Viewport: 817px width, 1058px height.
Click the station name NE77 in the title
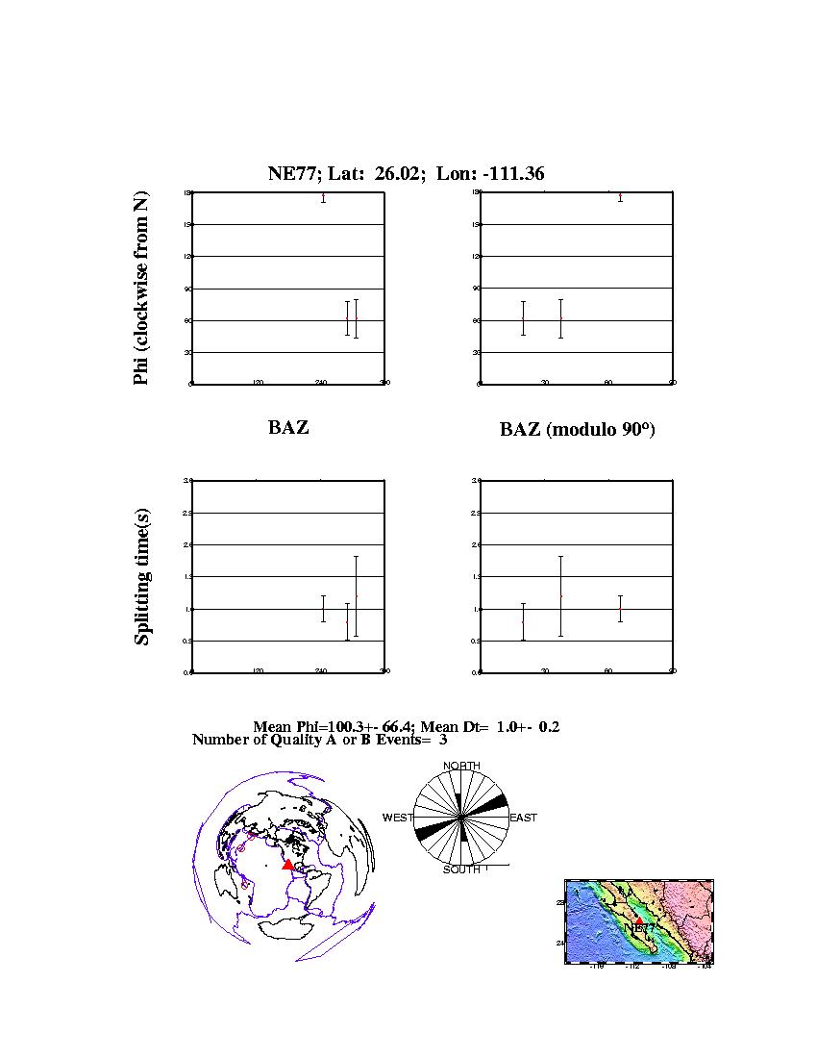[287, 173]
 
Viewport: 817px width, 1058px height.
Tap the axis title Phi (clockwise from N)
[141, 289]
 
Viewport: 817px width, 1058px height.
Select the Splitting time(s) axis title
[142, 575]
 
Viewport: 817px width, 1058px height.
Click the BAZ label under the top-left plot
[288, 427]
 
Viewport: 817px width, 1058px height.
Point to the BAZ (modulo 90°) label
[577, 429]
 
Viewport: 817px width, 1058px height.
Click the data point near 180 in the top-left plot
[324, 197]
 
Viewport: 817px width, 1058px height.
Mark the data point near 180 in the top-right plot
[621, 197]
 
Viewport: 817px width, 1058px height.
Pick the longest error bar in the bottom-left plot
[356, 596]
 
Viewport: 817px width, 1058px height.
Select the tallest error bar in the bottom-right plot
[560, 596]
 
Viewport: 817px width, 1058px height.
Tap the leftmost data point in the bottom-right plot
[523, 621]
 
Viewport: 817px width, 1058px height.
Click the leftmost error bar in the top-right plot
[523, 318]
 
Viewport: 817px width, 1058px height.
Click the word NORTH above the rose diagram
[461, 766]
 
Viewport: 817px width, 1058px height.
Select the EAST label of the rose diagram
[523, 818]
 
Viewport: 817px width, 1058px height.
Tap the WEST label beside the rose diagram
[397, 818]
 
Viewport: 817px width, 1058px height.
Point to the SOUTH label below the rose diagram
[461, 870]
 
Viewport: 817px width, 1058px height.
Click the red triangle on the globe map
[287, 865]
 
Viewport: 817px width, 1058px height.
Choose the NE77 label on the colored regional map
[640, 928]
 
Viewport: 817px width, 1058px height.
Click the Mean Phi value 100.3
[312, 727]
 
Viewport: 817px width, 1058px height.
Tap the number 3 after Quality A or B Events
[443, 740]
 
